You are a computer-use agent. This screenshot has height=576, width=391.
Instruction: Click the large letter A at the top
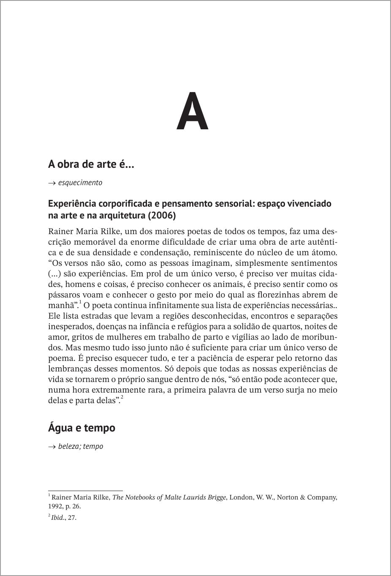pos(192,111)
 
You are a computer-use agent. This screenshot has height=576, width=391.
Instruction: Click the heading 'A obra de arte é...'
pos(91,164)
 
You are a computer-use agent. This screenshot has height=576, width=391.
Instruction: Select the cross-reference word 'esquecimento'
pos(80,183)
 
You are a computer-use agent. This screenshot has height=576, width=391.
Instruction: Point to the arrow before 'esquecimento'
pos(52,183)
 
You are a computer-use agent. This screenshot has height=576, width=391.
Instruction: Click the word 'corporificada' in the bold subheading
pos(122,204)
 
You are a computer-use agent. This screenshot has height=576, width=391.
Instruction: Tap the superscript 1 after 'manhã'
pos(80,303)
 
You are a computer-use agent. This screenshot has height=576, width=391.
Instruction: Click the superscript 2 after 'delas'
pos(122,398)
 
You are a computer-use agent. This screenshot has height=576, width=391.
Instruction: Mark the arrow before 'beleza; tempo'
pos(52,447)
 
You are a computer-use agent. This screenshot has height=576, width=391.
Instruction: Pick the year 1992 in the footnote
pos(55,506)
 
